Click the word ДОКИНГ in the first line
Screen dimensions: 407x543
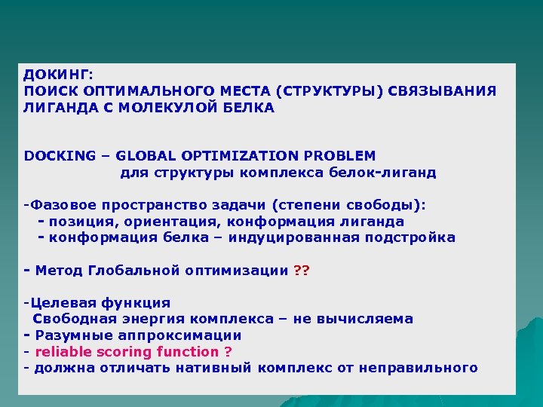click(57, 75)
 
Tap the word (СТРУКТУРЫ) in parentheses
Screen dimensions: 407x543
click(330, 91)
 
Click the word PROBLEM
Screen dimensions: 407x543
click(339, 156)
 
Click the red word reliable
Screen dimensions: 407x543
click(63, 351)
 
